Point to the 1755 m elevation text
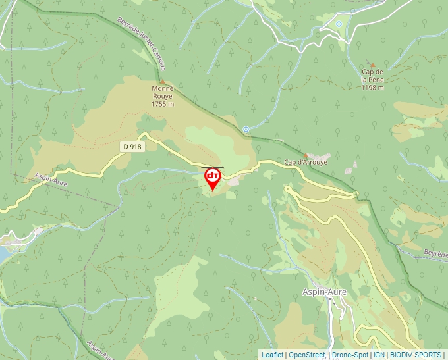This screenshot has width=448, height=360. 162,104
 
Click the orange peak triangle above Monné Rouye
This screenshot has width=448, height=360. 162,82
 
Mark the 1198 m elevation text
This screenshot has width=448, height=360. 372,87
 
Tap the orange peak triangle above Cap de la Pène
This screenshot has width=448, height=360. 372,64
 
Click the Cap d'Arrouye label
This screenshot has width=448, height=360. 306,161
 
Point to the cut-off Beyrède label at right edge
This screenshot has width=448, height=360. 435,253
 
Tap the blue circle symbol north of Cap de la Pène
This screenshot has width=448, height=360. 339,24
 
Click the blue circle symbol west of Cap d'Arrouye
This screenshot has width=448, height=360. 246,129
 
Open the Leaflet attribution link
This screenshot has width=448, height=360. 272,355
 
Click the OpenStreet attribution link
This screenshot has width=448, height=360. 306,355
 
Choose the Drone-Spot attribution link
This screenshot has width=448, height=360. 350,355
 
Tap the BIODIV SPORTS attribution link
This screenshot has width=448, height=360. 416,355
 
